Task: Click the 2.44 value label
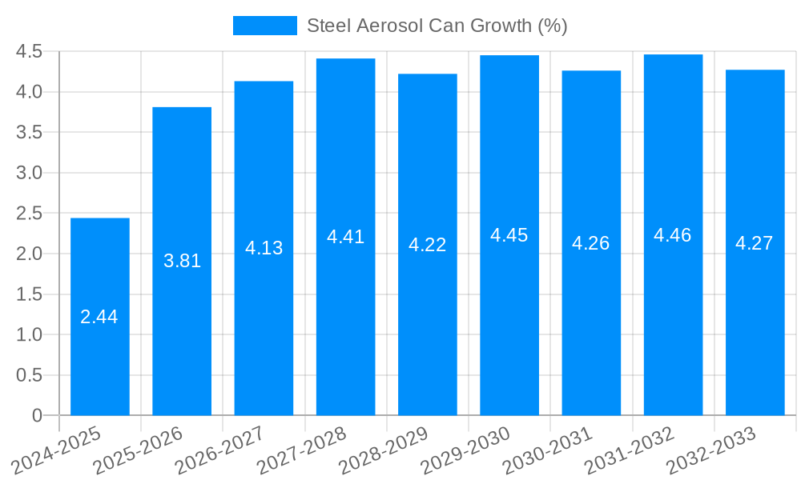pos(99,317)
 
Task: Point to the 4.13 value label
pos(264,248)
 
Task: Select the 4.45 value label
pos(509,235)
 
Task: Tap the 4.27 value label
pos(754,243)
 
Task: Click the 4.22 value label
pos(427,245)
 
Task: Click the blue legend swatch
pos(264,26)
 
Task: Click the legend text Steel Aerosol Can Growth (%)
pos(437,26)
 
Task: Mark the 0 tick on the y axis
pos(37,416)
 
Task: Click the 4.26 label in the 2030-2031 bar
pos(590,243)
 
